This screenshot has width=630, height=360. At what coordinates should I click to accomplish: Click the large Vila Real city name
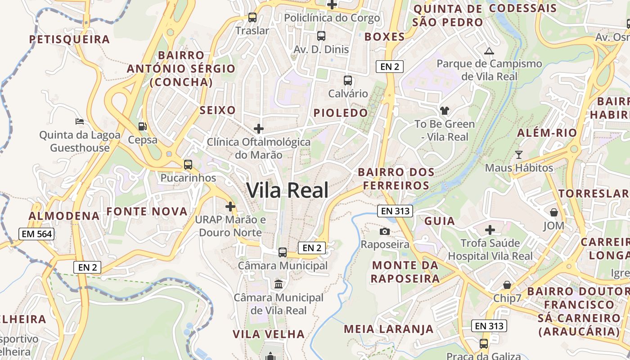tap(288, 190)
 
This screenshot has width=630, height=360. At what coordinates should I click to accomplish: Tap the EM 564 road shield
tap(36, 234)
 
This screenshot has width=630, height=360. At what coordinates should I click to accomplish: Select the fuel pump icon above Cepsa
tap(143, 126)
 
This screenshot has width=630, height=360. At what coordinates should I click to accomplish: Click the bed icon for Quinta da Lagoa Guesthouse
tap(80, 121)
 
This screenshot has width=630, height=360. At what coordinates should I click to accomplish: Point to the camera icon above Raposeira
tap(385, 231)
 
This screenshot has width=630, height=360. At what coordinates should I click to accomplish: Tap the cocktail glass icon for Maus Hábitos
tap(519, 155)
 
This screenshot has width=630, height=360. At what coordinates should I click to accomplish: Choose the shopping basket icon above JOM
tap(553, 212)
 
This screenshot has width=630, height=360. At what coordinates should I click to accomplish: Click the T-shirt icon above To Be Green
tap(444, 111)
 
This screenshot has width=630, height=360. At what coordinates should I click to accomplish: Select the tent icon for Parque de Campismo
tap(489, 51)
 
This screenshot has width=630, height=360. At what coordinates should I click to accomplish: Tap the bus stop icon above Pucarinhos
tap(188, 165)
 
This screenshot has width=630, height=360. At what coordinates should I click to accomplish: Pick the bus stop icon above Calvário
tap(348, 81)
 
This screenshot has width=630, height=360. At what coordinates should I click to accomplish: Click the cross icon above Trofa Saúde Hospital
tap(490, 230)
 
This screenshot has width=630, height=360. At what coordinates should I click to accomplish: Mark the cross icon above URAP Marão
tap(230, 207)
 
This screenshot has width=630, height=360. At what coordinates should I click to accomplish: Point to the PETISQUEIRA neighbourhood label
tap(70, 39)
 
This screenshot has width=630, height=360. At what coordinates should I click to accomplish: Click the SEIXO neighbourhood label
tap(218, 110)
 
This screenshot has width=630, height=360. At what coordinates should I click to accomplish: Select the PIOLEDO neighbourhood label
tap(341, 113)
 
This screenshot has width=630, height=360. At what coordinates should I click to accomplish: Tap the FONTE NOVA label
tap(147, 211)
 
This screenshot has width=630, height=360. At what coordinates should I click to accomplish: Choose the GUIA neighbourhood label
tap(440, 221)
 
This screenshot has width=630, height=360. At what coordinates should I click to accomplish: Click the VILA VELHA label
tap(269, 334)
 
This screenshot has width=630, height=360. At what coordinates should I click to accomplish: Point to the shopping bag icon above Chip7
tap(507, 285)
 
